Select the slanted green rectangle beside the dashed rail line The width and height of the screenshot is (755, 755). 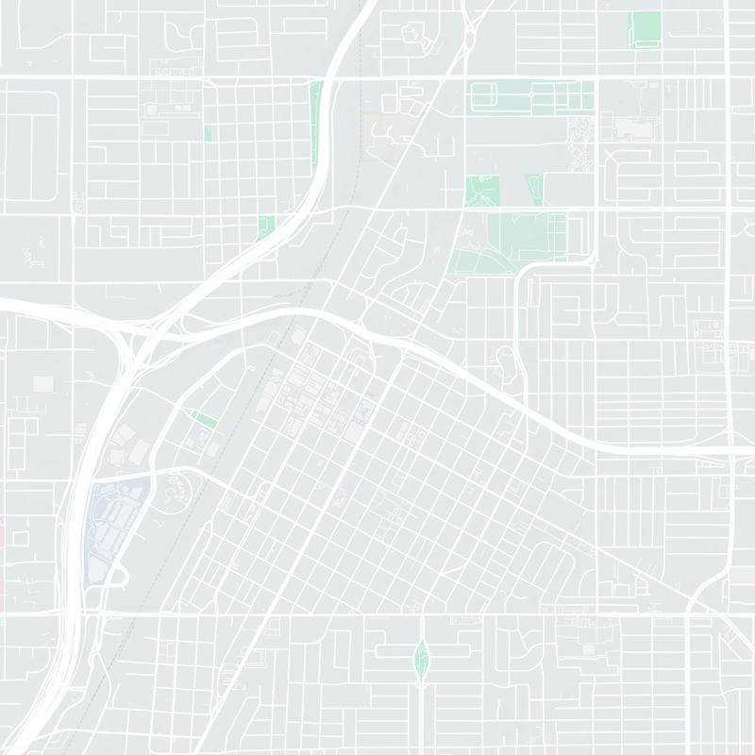[205, 419]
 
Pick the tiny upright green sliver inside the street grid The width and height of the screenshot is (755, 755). [208, 132]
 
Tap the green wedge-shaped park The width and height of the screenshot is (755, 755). [535, 187]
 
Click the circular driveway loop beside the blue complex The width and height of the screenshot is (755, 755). [177, 489]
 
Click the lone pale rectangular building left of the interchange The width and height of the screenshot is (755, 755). [43, 384]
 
